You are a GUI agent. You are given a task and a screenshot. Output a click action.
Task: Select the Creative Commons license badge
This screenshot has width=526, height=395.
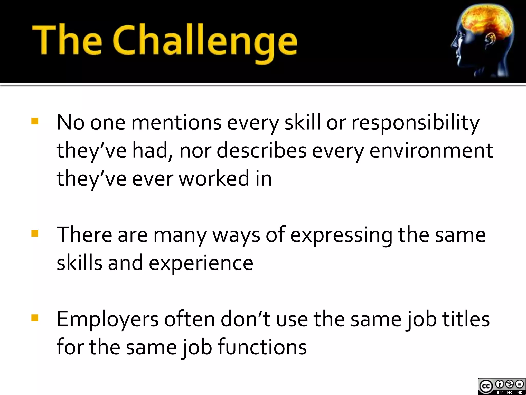501,386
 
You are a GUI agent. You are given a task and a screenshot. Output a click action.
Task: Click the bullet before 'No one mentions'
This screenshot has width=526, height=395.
35,121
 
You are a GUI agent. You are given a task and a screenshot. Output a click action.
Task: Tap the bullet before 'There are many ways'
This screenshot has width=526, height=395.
35,234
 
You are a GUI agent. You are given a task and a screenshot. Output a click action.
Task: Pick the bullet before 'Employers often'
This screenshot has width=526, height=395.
35,318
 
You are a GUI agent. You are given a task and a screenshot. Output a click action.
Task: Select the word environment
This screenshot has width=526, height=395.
431,151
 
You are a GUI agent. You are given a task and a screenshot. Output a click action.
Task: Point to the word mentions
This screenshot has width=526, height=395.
176,122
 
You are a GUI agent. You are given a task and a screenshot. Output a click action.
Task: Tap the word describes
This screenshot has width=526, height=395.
261,151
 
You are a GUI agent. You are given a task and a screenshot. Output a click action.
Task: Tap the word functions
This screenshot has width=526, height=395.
262,347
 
